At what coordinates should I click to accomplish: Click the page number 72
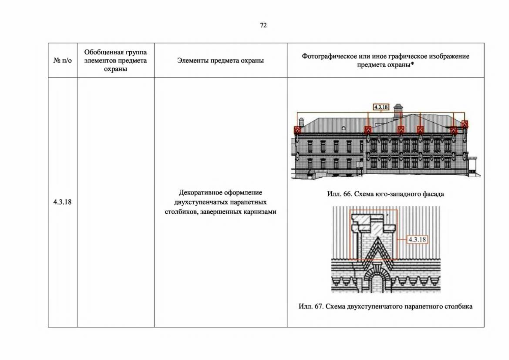tap(263, 25)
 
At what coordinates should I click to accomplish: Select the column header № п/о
tap(62, 60)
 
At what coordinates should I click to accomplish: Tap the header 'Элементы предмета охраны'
tap(220, 60)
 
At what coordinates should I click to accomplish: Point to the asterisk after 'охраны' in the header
tap(412, 64)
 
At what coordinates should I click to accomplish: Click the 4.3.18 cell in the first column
tap(62, 202)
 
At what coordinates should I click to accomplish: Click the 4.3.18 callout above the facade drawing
tap(381, 107)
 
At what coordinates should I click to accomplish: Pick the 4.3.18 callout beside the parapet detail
tap(417, 239)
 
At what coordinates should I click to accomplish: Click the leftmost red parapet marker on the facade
tap(297, 130)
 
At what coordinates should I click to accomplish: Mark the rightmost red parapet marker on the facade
tap(465, 124)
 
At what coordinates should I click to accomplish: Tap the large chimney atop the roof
tap(398, 111)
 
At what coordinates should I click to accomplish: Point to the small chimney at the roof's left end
tap(301, 122)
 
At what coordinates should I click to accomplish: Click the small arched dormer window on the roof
tap(343, 129)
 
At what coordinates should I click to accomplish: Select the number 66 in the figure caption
tap(347, 194)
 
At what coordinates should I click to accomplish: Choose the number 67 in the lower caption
tap(319, 306)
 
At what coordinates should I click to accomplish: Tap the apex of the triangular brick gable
tap(378, 237)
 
